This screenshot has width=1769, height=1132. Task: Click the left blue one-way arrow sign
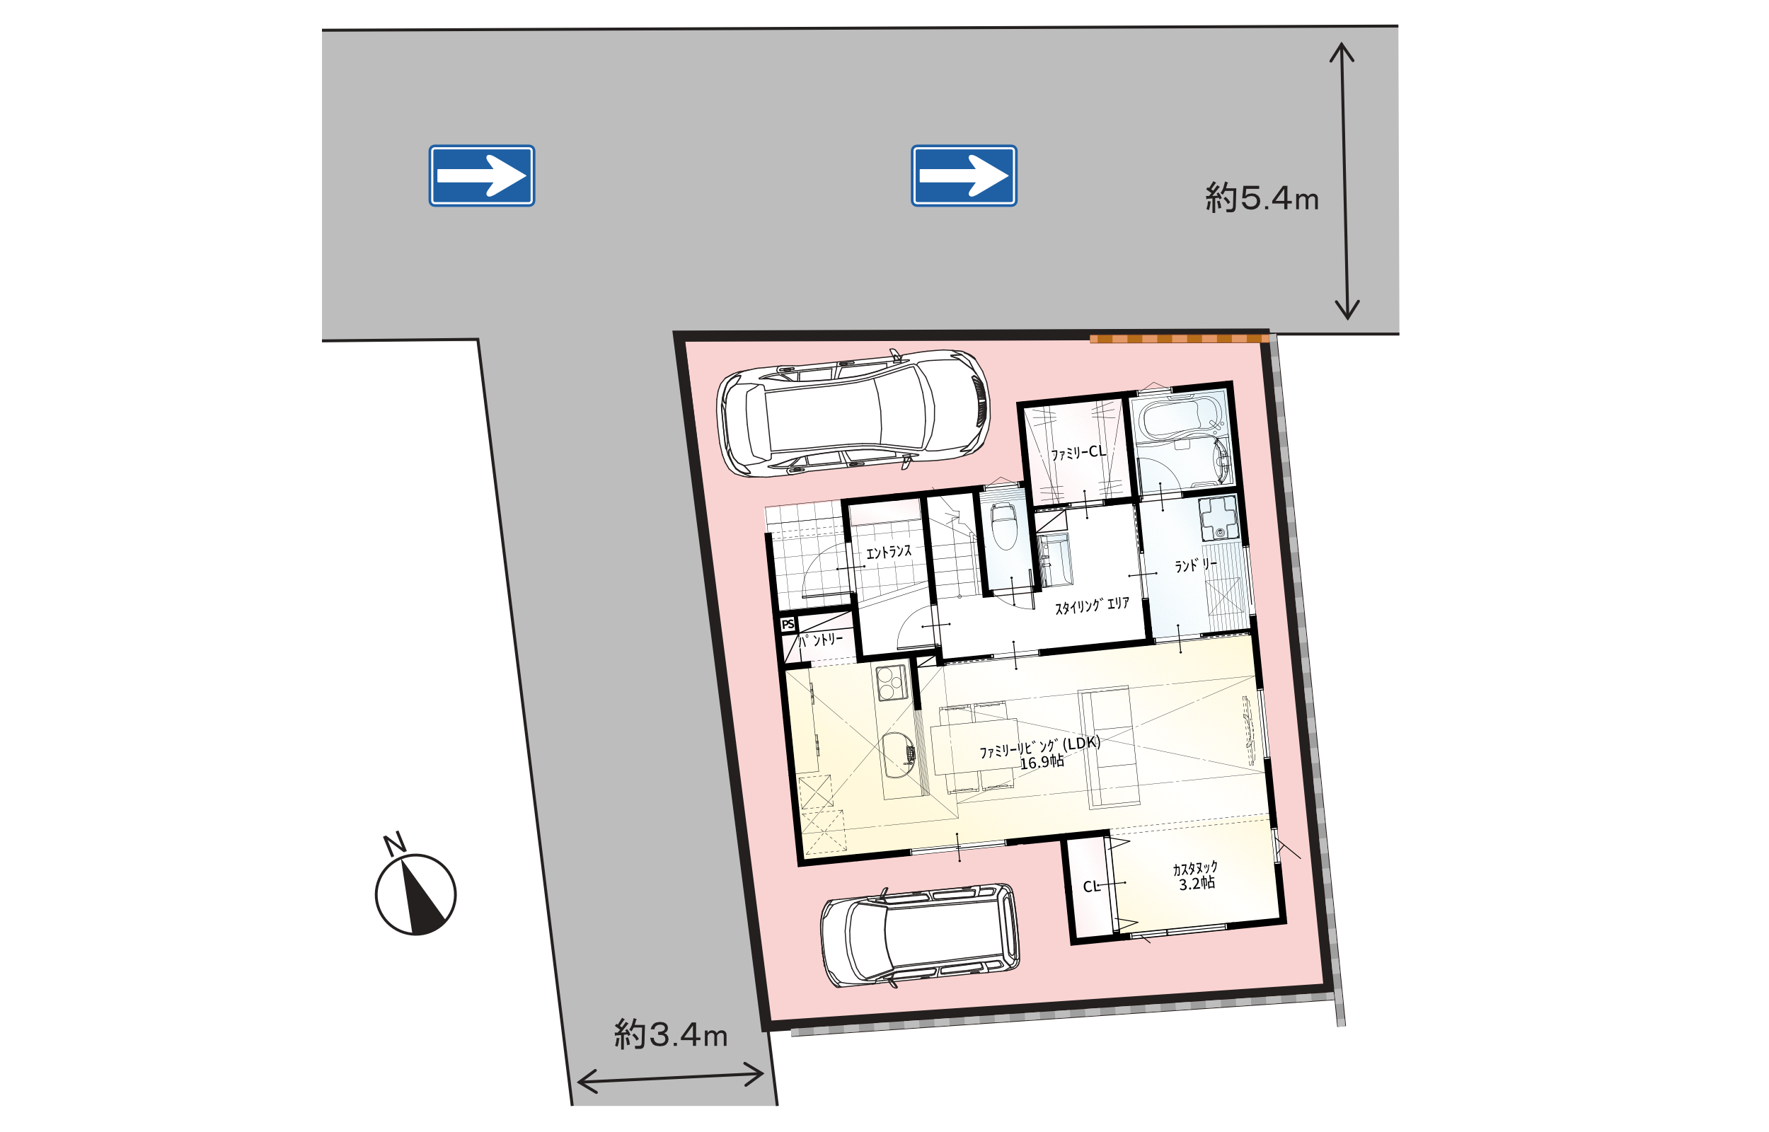tap(481, 175)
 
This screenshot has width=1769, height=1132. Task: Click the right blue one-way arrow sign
tap(964, 175)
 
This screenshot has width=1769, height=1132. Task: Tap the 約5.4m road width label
tap(1261, 197)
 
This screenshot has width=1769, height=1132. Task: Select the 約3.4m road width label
tap(670, 1034)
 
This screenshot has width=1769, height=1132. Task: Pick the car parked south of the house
tap(920, 935)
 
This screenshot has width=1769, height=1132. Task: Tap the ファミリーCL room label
tap(1078, 453)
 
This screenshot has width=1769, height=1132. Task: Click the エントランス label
tap(889, 552)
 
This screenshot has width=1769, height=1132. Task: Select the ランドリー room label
tap(1196, 565)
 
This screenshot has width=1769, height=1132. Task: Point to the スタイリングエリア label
tap(1092, 606)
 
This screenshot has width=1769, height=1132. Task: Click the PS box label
tap(788, 625)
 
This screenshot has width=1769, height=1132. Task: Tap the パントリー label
tap(820, 640)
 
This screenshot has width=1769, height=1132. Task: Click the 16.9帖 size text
tap(1042, 762)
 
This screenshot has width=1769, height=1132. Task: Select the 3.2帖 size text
tap(1197, 884)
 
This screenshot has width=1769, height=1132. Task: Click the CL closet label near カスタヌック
tap(1091, 886)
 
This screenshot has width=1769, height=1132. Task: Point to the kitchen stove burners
tap(891, 683)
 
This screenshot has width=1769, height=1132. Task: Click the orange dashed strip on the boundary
tap(1179, 339)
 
